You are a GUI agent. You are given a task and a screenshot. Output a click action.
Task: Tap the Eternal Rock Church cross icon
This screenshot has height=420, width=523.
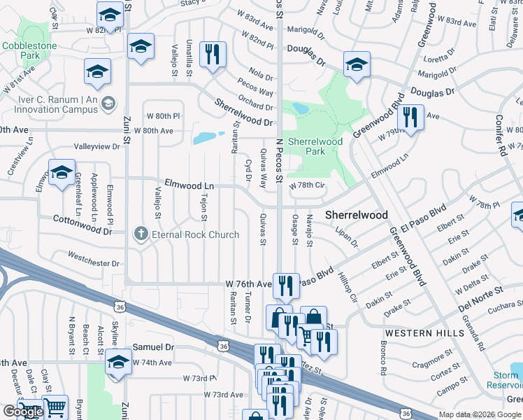coord(141,234)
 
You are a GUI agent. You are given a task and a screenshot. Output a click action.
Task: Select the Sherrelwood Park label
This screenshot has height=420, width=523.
coord(315,146)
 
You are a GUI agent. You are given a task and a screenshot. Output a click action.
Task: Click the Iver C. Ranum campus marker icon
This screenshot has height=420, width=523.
coord(108,105)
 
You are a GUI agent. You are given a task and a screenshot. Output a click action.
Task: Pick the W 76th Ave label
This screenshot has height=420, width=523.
coord(248,284)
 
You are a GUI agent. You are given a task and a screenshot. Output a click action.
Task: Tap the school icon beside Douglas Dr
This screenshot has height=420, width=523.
coord(356,64)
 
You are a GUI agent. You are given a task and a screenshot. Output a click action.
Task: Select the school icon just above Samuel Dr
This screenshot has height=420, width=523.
coord(118,363)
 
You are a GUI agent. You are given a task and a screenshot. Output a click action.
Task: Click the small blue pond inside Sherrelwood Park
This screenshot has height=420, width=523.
coord(300,108)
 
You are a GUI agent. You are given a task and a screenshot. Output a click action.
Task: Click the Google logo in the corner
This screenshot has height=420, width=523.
coord(23,412)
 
